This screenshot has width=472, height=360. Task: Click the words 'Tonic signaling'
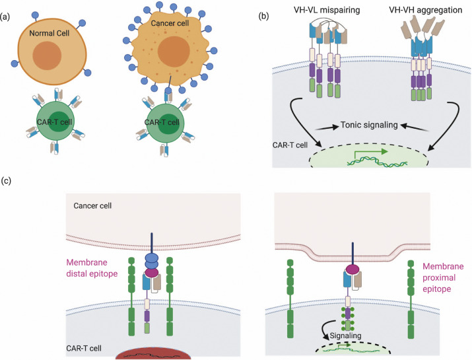tap(366, 125)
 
